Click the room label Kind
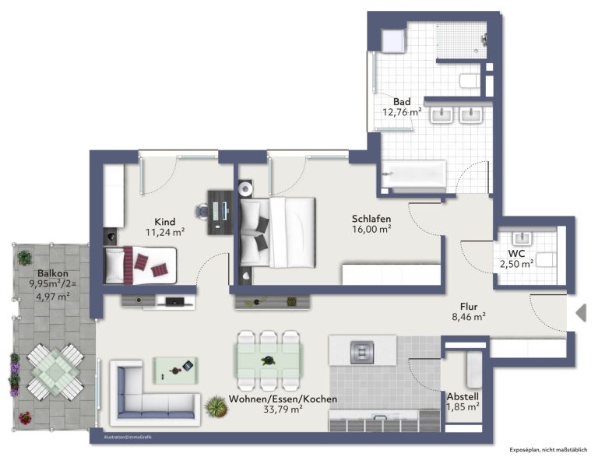[x=165, y=222]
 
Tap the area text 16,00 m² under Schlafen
[x=371, y=229]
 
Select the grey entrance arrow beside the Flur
[x=581, y=313]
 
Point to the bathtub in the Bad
[x=413, y=174]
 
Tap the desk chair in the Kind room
[x=202, y=212]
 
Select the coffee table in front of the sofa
[x=175, y=370]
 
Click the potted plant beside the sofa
[x=216, y=406]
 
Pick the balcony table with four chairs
[x=55, y=371]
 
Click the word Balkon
[x=53, y=273]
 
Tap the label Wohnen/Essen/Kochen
[x=283, y=399]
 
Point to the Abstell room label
[x=463, y=396]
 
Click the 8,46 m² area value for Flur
[x=469, y=316]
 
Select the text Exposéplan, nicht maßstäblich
[x=548, y=450]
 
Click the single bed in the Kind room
[x=140, y=265]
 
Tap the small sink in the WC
[x=522, y=238]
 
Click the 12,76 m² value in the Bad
[x=402, y=112]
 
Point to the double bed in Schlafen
[x=277, y=232]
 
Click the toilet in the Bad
[x=470, y=81]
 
